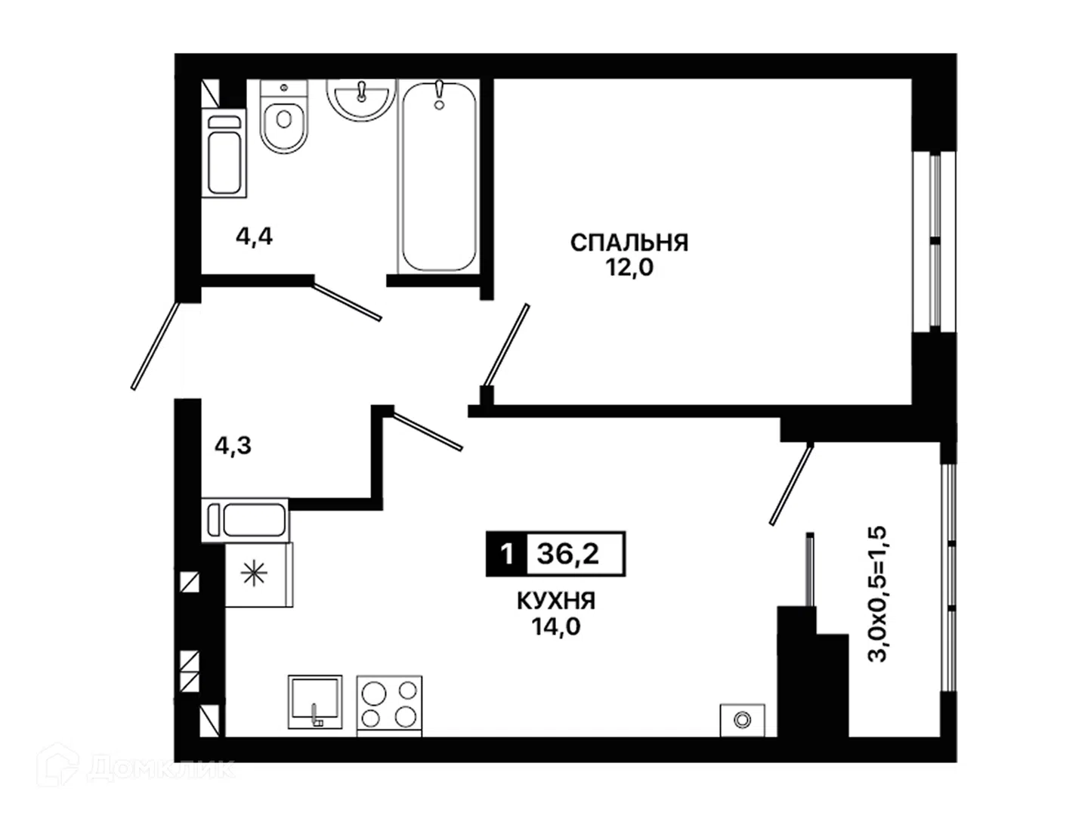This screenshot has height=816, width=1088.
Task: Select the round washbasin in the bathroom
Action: click(x=361, y=99)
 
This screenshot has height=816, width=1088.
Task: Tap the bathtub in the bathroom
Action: click(x=438, y=177)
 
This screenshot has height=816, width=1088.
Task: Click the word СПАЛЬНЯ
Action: click(x=629, y=243)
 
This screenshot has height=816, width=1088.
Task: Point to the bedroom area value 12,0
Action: click(x=629, y=267)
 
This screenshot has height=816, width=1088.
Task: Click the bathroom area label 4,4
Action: click(x=255, y=236)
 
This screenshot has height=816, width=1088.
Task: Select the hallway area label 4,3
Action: click(x=233, y=446)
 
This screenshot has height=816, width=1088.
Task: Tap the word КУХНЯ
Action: click(x=556, y=601)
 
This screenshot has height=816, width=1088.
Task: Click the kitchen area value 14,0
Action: click(x=556, y=627)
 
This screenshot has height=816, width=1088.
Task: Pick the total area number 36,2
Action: click(x=568, y=553)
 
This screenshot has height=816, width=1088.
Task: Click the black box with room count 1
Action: click(x=506, y=554)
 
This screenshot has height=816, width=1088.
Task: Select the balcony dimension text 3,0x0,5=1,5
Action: click(x=876, y=594)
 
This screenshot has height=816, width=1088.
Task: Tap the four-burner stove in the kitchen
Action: click(x=389, y=706)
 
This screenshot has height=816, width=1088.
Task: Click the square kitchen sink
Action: click(x=315, y=702)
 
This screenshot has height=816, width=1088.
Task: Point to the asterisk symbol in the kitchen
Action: click(x=254, y=573)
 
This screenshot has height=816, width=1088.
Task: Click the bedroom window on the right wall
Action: click(x=935, y=241)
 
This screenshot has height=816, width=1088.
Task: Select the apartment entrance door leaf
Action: click(x=155, y=346)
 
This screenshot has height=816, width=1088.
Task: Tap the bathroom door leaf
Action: click(x=347, y=301)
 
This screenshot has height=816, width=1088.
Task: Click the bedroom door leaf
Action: click(x=506, y=345)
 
